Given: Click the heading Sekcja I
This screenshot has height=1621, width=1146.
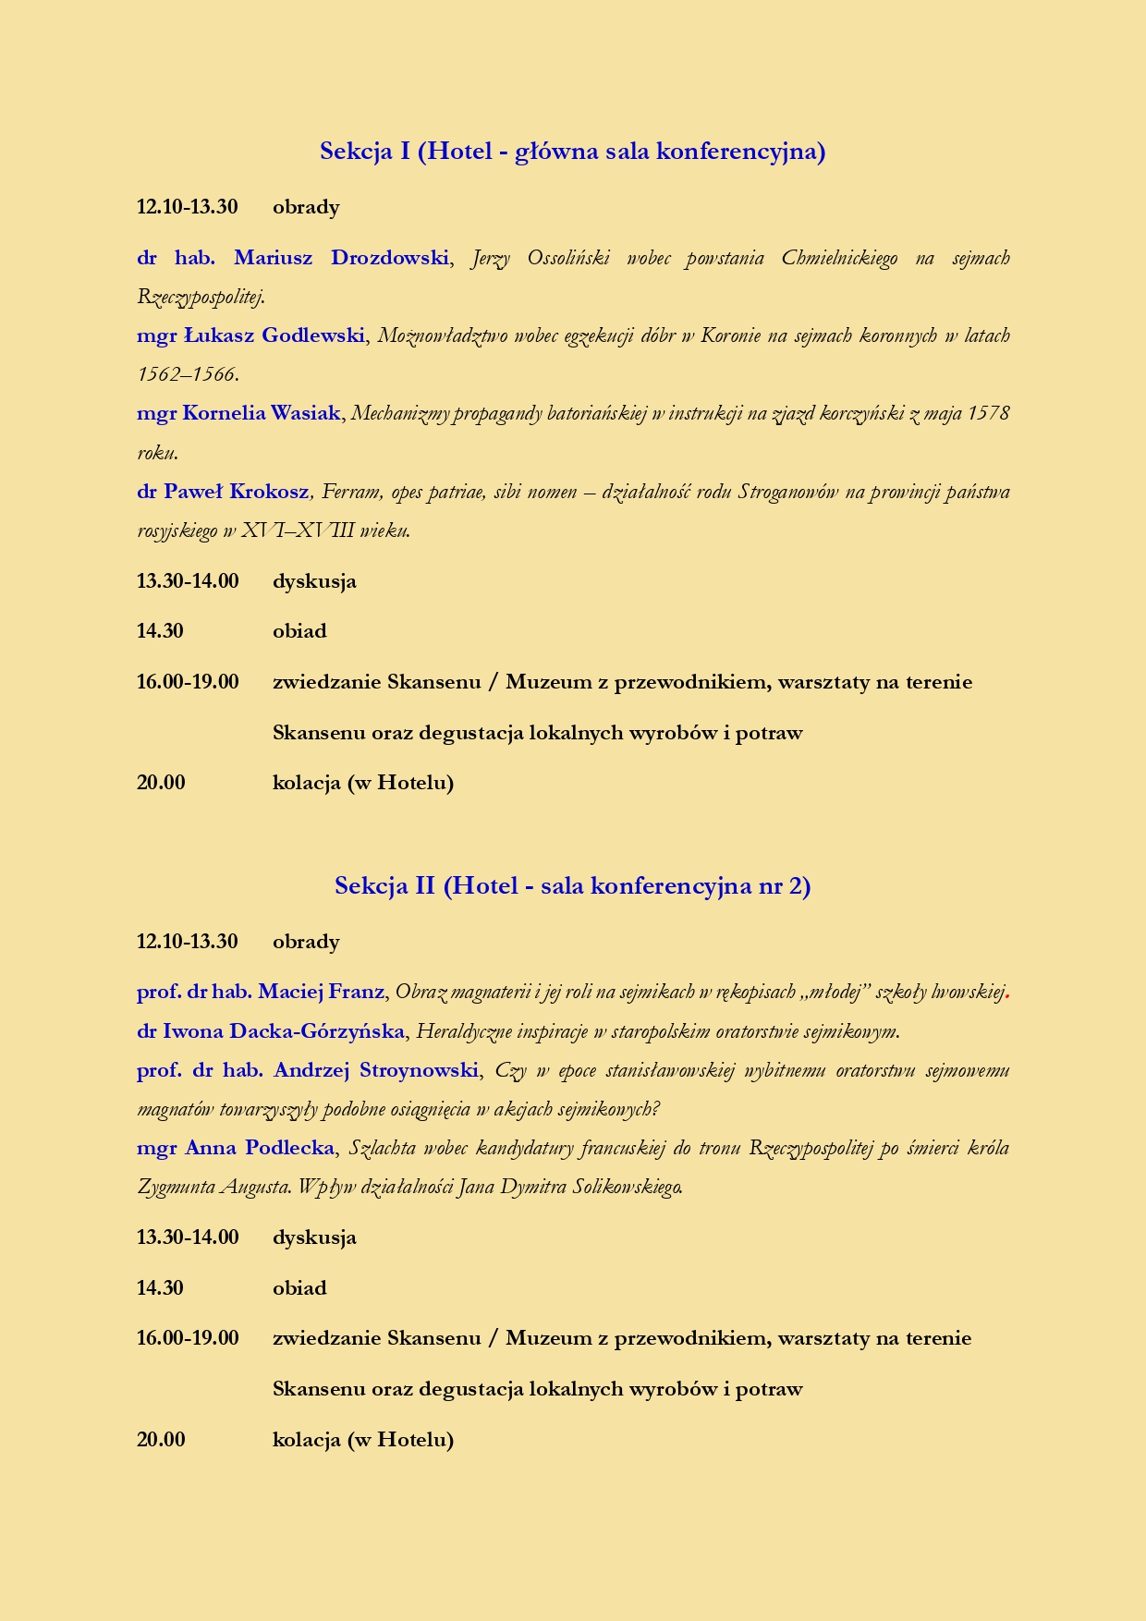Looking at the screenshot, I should click(x=572, y=151).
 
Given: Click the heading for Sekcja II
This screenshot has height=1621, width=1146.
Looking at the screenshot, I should click(x=572, y=886).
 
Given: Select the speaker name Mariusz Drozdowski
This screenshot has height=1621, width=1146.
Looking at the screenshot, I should click(x=340, y=258).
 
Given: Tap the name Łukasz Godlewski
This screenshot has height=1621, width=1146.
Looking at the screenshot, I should click(x=274, y=335).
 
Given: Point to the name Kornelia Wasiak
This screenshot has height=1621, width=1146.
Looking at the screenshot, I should click(x=262, y=413).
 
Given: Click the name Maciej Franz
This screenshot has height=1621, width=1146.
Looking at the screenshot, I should click(x=321, y=993).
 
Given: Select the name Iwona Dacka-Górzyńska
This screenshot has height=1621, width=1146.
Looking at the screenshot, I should click(x=284, y=1031).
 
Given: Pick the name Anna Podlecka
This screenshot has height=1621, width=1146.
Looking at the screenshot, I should click(x=260, y=1148).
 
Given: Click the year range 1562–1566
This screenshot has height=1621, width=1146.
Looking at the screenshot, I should click(x=187, y=375).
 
